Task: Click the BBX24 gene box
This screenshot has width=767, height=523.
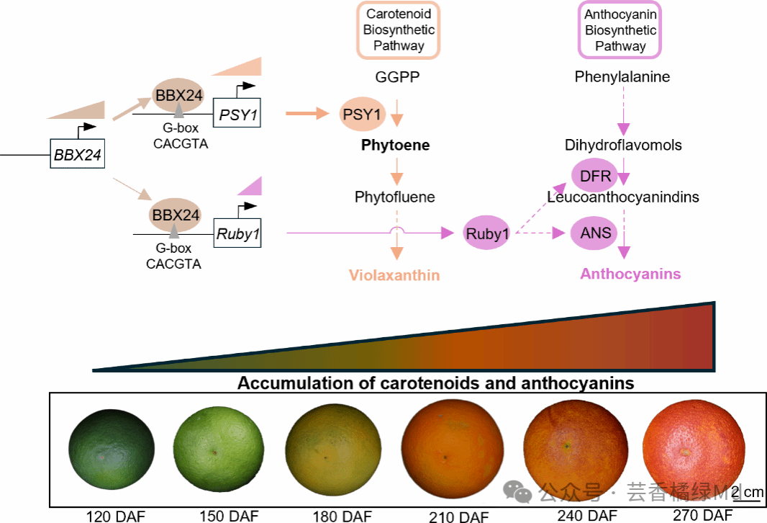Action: click(78, 154)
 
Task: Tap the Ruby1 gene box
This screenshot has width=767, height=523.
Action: click(237, 233)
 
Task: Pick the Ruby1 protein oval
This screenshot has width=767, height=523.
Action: click(487, 233)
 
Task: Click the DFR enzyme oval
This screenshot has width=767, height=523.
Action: click(595, 176)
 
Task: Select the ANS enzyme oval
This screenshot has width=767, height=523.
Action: click(595, 233)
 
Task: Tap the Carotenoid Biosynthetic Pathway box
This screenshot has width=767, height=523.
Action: click(399, 30)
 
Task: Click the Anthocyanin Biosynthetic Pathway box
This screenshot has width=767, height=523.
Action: click(620, 30)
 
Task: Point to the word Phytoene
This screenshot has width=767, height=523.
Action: click(395, 146)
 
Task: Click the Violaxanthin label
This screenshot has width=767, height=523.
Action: click(394, 275)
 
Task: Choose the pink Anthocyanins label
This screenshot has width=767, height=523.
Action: click(630, 274)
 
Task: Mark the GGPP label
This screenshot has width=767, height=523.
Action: click(397, 77)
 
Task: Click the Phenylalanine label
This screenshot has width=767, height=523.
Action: click(622, 77)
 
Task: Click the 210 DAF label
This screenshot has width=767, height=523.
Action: click(458, 517)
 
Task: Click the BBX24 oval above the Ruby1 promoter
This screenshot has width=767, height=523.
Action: click(175, 215)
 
